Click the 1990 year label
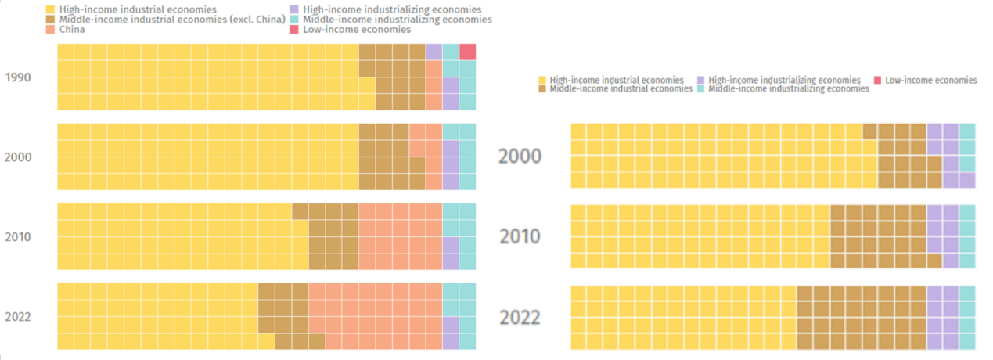(x=17, y=77)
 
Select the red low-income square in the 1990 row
(x=467, y=52)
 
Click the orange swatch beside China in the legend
(x=50, y=30)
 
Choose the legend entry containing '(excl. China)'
(x=171, y=20)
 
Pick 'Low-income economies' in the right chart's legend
(x=930, y=80)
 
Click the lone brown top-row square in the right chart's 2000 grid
(x=869, y=131)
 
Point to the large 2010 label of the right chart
(x=520, y=236)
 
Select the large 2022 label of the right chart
(x=520, y=318)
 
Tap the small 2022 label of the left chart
(x=17, y=317)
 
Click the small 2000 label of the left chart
(x=17, y=157)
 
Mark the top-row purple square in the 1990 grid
(x=434, y=52)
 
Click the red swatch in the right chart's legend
(x=877, y=80)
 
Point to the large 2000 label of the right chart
(x=520, y=157)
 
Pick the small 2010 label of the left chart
(x=17, y=237)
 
